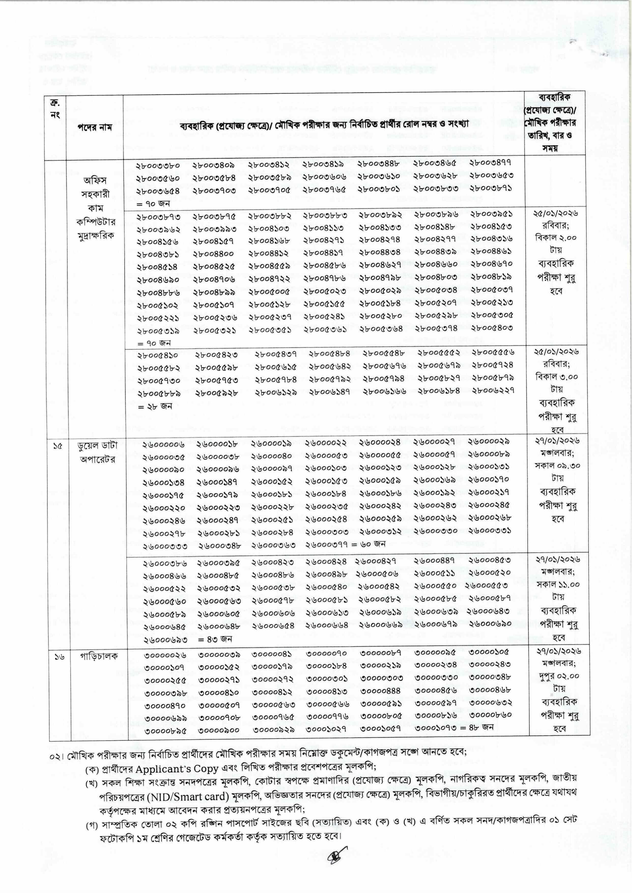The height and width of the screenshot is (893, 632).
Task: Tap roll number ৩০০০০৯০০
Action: pos(219,731)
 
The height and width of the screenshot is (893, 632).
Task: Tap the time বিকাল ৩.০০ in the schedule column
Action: pos(556,377)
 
